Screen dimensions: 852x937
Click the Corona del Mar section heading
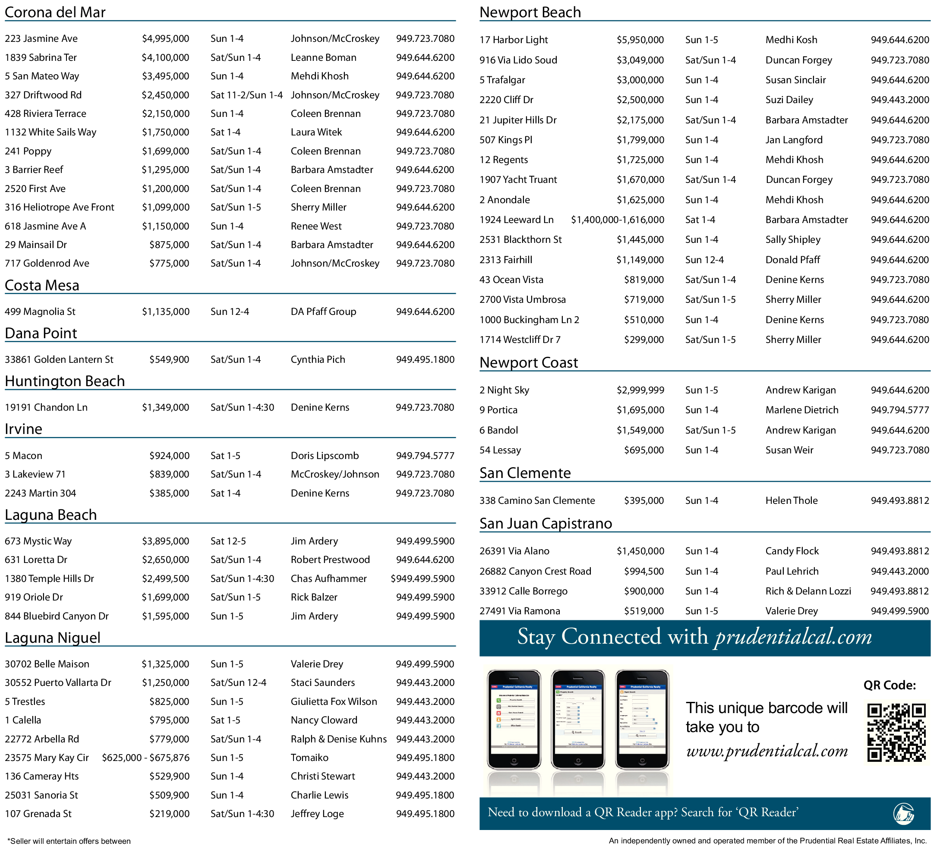(x=55, y=12)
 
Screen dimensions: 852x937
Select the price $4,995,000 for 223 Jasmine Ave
(x=165, y=38)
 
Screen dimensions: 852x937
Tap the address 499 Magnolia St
(x=40, y=312)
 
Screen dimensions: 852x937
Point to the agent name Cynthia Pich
(x=318, y=360)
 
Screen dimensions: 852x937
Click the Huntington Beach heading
(x=65, y=381)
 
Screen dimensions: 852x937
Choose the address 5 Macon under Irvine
(x=24, y=456)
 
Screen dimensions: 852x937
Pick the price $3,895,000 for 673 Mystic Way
(x=165, y=541)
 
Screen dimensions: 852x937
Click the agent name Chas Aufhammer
(x=328, y=579)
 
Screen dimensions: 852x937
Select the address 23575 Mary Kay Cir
(x=47, y=758)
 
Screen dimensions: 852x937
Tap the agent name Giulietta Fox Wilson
(x=334, y=701)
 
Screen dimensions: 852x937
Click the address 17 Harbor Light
(x=514, y=40)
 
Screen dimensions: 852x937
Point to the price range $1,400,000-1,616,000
(x=617, y=220)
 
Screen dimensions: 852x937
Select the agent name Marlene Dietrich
(x=802, y=410)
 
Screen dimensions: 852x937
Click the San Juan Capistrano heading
(x=546, y=524)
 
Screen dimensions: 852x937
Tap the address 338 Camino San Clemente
(x=537, y=501)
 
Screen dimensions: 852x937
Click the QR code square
(x=896, y=733)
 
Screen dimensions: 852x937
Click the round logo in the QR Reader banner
(x=903, y=814)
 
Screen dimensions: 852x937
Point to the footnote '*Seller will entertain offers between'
(x=69, y=841)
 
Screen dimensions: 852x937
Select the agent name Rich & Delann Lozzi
(x=808, y=591)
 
